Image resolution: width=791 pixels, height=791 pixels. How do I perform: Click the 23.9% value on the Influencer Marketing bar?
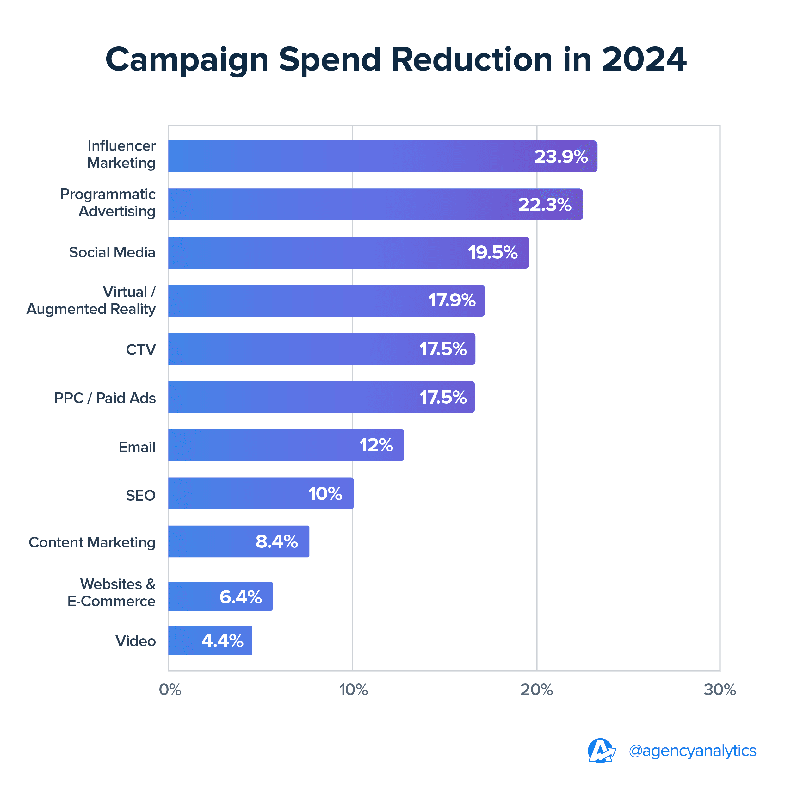pyautogui.click(x=561, y=157)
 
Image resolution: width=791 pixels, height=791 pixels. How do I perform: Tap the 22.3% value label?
pyautogui.click(x=545, y=204)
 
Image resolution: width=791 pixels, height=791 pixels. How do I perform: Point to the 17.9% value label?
pyautogui.click(x=452, y=300)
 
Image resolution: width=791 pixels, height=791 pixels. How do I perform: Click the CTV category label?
pyautogui.click(x=141, y=350)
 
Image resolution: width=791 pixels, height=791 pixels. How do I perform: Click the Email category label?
pyautogui.click(x=137, y=447)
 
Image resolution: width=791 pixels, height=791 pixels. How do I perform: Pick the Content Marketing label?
pyautogui.click(x=92, y=542)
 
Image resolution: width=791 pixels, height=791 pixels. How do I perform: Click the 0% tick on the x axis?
pyautogui.click(x=170, y=690)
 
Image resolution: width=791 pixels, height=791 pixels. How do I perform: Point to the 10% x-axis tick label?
pyautogui.click(x=353, y=690)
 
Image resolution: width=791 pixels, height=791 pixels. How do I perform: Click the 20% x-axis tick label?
pyautogui.click(x=536, y=690)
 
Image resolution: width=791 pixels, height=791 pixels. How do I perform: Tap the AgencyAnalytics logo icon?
pyautogui.click(x=601, y=751)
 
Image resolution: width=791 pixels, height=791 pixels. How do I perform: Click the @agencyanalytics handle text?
pyautogui.click(x=692, y=751)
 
